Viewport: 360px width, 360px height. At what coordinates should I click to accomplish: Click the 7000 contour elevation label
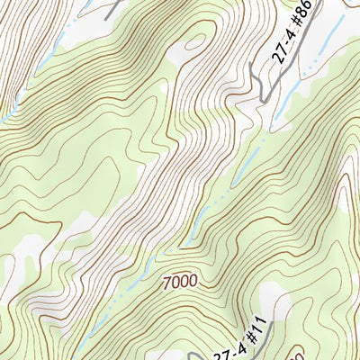180,283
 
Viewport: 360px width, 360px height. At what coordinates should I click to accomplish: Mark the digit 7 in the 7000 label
167,283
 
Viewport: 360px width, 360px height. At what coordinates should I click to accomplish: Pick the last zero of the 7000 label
193,283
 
